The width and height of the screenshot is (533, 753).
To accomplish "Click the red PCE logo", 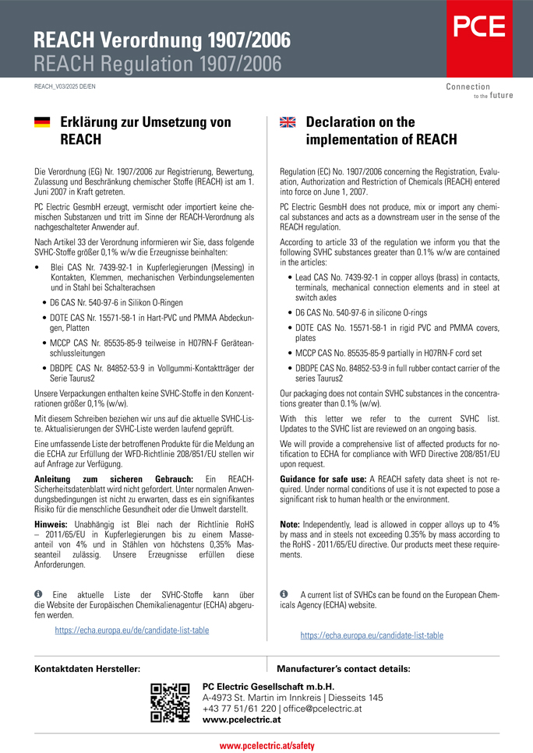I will [479, 27].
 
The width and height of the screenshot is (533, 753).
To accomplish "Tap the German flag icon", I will [42, 122].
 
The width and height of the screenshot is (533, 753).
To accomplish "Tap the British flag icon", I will [288, 122].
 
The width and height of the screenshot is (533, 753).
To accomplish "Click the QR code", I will [170, 703].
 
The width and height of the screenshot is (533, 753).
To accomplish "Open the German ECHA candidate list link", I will [132, 630].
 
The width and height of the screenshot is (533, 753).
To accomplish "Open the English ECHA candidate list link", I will [372, 635].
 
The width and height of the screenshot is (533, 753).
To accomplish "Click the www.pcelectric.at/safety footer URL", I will [266, 745].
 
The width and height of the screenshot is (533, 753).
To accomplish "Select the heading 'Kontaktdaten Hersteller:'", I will [88, 669].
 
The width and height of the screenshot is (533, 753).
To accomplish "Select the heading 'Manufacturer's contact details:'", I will [344, 669].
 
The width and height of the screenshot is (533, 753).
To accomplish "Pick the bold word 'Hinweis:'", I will [55, 525].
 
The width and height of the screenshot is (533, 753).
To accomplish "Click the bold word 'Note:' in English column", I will [290, 525].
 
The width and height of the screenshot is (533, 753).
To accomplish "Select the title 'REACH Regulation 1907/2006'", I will [157, 62].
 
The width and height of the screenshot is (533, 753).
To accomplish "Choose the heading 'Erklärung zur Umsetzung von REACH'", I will [146, 131].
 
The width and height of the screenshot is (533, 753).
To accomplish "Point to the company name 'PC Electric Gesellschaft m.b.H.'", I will [268, 686].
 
